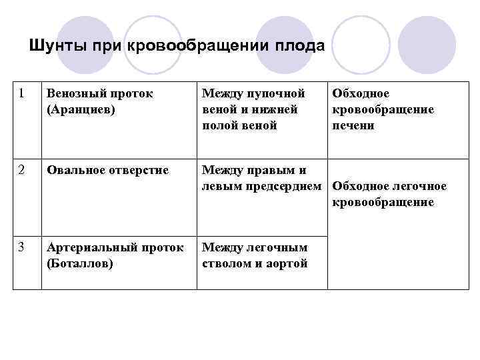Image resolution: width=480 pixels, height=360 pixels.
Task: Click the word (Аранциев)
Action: tap(79, 109)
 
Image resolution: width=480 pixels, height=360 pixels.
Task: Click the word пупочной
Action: tap(277, 94)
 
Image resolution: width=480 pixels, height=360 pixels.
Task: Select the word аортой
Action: tap(287, 263)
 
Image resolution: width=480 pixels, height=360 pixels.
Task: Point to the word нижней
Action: tap(275, 109)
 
